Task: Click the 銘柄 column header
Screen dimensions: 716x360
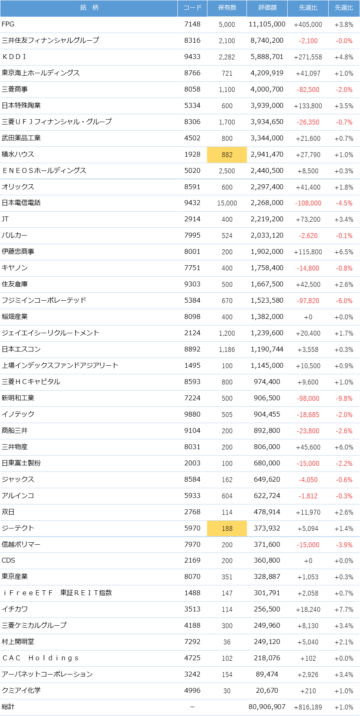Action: tap(89, 8)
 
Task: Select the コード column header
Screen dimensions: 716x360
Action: tap(192, 8)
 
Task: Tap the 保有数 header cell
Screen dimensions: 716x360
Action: tap(227, 8)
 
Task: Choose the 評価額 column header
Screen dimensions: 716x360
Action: tap(267, 8)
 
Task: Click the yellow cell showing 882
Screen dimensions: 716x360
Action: tap(227, 155)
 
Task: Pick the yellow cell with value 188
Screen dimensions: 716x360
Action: tap(227, 528)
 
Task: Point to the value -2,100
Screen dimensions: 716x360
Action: tap(308, 41)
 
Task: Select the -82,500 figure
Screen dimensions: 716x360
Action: tap(308, 89)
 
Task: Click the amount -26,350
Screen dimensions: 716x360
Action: tap(308, 122)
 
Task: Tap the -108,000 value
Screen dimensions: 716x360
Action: tap(308, 203)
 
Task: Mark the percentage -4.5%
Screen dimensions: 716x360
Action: tap(344, 203)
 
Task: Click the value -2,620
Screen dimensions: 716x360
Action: tap(308, 236)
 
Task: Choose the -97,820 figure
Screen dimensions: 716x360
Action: tap(308, 301)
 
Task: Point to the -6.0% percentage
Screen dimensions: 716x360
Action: tap(344, 301)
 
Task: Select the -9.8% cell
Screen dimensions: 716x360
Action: tap(344, 398)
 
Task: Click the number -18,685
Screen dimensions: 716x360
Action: tap(308, 415)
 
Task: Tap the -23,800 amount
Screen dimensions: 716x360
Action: tap(308, 431)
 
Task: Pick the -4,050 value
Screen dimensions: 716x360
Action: tap(308, 480)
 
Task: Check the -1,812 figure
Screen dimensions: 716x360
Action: tap(308, 496)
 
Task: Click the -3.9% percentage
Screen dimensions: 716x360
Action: tap(344, 545)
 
